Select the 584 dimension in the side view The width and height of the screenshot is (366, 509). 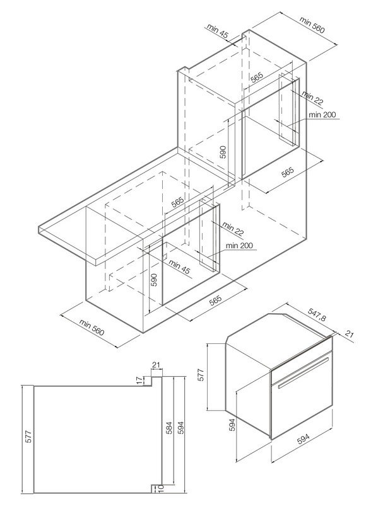pyautogui.click(x=169, y=428)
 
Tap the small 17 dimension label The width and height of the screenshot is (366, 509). pyautogui.click(x=139, y=380)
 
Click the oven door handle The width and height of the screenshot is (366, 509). pyautogui.click(x=304, y=372)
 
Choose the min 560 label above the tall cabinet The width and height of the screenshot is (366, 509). pyautogui.click(x=312, y=25)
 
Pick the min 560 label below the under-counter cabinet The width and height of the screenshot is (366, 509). pyautogui.click(x=91, y=327)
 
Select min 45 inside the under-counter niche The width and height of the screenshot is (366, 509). pyautogui.click(x=179, y=267)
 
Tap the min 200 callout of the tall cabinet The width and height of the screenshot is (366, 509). pyautogui.click(x=322, y=115)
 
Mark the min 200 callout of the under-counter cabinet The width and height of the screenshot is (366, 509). pyautogui.click(x=239, y=246)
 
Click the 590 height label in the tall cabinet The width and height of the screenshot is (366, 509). pyautogui.click(x=223, y=152)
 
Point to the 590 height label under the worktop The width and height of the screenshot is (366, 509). pyautogui.click(x=154, y=280)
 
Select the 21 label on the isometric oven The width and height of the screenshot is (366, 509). pyautogui.click(x=349, y=334)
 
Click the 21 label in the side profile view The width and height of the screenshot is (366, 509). pyautogui.click(x=156, y=365)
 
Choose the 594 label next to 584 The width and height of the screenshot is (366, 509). pyautogui.click(x=180, y=428)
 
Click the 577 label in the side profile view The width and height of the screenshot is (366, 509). pyautogui.click(x=28, y=437)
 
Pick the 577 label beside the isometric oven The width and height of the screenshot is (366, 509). pyautogui.click(x=201, y=375)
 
